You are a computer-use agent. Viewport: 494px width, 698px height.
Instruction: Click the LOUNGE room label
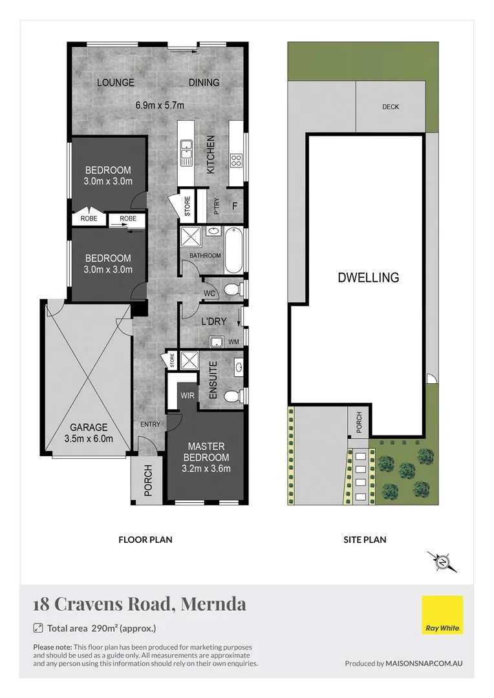coord(116,82)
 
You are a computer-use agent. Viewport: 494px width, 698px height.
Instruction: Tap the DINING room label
coord(204,82)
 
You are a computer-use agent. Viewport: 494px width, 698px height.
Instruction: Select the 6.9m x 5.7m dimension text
coord(160,104)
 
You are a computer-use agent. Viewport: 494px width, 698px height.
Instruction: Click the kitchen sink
coord(186,150)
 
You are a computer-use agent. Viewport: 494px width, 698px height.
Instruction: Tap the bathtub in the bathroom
coord(234,250)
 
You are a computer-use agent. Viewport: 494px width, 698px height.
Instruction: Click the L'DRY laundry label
coord(213,321)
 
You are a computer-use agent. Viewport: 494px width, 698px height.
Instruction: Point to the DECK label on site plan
coord(391,107)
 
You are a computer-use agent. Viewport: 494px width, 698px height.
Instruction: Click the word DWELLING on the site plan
coord(368,278)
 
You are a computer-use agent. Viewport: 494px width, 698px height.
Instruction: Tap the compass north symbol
coord(442,562)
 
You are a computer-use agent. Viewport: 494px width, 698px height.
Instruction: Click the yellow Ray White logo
coord(442,615)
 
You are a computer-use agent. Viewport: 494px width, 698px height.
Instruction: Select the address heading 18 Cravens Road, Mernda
coord(140,604)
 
